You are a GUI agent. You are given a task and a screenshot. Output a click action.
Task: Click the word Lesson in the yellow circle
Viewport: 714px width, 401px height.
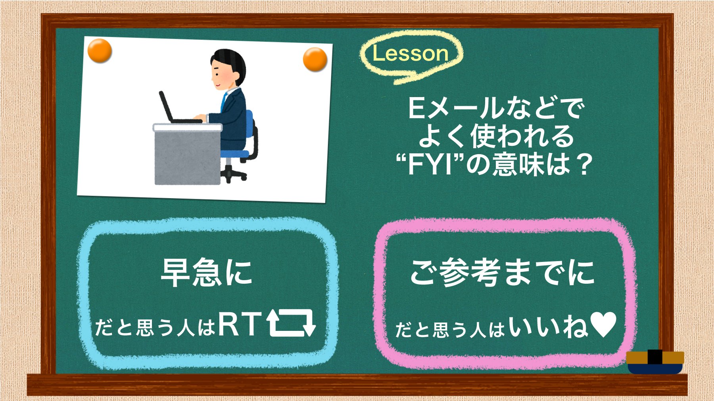(410, 53)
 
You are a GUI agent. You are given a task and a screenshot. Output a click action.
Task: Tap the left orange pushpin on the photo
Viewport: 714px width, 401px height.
(100, 51)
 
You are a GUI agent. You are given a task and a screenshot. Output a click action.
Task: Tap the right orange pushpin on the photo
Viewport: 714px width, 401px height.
(315, 59)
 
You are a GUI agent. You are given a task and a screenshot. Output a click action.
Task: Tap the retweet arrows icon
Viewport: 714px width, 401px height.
(291, 323)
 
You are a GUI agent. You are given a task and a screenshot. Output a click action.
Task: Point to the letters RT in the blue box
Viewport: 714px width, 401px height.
(240, 324)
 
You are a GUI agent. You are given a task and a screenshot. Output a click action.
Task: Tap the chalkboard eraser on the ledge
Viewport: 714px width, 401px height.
(655, 362)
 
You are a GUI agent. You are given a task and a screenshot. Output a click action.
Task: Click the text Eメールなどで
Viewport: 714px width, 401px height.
(496, 108)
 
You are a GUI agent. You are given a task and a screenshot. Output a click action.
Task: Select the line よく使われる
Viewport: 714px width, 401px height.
(496, 136)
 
